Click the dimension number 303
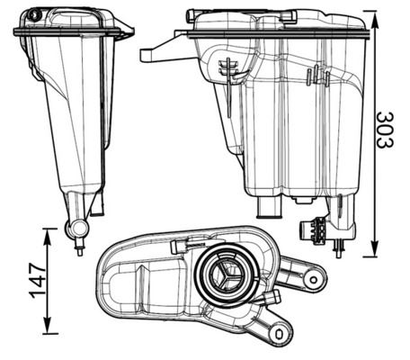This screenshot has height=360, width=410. tap(386, 130)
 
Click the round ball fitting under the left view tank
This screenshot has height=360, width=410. tap(76, 229)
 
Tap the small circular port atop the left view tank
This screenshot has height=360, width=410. tap(34, 15)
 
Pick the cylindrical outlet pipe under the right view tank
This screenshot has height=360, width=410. tap(269, 208)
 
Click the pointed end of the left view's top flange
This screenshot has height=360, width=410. tap(130, 33)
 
